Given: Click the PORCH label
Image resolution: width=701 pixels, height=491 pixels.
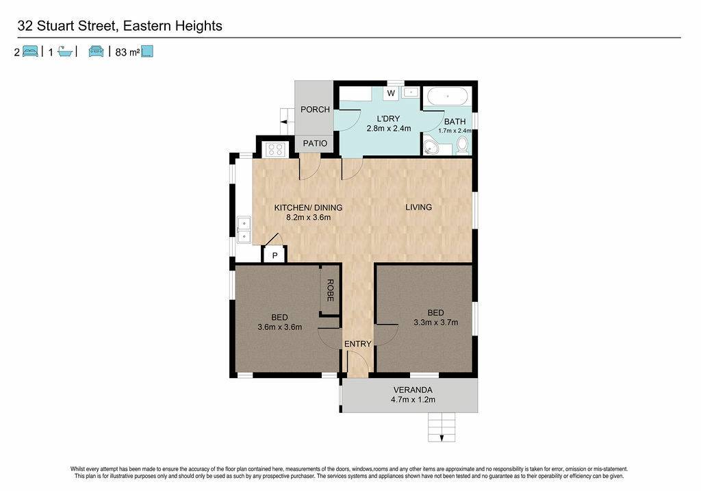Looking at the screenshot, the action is pos(315,110).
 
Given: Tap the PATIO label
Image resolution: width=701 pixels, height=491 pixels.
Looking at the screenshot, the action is pos(315,144).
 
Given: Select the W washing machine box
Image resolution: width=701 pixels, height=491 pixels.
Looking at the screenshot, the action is pos(391,93).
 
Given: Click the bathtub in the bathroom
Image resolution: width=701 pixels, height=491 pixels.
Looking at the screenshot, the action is pos(448,97).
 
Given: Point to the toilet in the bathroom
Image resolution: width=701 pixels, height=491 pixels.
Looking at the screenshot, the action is pos(462,145).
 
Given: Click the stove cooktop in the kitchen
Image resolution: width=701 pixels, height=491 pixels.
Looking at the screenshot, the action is pos(275,149).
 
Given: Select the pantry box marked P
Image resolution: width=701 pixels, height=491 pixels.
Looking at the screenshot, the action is pos(275,255).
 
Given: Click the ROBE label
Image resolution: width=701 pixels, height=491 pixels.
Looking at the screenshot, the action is pos(330,290).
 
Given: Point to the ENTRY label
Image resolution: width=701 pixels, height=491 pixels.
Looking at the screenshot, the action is pos(357,344).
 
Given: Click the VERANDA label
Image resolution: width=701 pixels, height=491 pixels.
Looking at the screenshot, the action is pos(413,390).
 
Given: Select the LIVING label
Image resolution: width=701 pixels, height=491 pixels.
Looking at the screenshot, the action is pos(418,207).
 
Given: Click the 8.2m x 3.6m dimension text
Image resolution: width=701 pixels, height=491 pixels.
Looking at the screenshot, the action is pos(309,218).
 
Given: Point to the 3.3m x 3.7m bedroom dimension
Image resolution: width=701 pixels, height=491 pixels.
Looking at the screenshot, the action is pos(435,323).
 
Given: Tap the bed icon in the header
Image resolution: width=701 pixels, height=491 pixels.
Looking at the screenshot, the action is pos(30,51).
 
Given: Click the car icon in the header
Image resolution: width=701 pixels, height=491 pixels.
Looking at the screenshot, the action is pos(96,51).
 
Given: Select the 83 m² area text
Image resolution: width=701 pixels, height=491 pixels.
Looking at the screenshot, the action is pos(127,52).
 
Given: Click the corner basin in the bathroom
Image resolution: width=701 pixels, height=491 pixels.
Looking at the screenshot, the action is pos(431,147).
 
